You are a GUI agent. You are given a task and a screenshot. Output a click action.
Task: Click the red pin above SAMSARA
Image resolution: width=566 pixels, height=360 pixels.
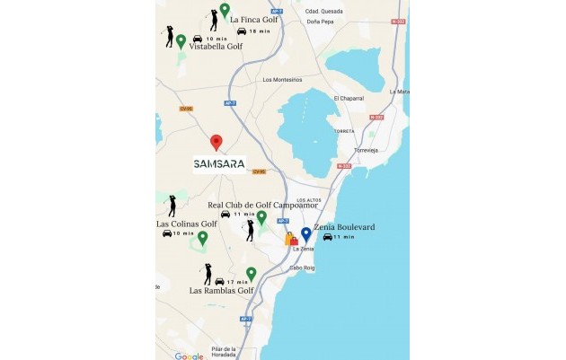[x=216, y=142]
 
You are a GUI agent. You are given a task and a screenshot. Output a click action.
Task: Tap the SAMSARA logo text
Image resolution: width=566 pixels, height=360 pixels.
[x=219, y=164]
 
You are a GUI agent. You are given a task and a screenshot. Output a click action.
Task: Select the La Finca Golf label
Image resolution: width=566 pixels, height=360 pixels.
[x=254, y=19]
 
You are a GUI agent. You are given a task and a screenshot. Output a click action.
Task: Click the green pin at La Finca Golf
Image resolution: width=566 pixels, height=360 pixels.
[x=225, y=10]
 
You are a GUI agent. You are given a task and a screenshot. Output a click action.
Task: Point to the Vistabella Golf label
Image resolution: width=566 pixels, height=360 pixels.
[x=215, y=48]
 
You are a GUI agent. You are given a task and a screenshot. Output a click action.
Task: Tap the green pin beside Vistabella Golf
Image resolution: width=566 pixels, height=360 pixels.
[x=181, y=40]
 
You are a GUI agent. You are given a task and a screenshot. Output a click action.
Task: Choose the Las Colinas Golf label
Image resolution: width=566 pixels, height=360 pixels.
[x=187, y=224]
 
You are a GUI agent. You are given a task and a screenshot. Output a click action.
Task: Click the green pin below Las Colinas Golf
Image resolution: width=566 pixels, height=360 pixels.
[x=202, y=238]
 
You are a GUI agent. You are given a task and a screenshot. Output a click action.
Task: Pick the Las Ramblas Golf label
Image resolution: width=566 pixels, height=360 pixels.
[x=221, y=291]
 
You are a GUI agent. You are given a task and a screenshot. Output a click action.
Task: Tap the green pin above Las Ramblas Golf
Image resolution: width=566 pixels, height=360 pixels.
[x=251, y=274]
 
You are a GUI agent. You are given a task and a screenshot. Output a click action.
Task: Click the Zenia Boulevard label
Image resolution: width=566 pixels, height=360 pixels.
[x=344, y=228]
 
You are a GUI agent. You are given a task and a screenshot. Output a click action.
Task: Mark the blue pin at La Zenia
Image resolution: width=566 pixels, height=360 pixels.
[x=305, y=234]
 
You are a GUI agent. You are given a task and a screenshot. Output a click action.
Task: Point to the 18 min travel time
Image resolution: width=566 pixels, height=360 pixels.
[x=260, y=31]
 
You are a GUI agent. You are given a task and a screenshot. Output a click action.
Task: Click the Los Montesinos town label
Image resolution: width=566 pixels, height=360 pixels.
[x=280, y=79]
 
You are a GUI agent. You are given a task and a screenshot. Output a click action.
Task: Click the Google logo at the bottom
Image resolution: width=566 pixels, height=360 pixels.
[x=189, y=356]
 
